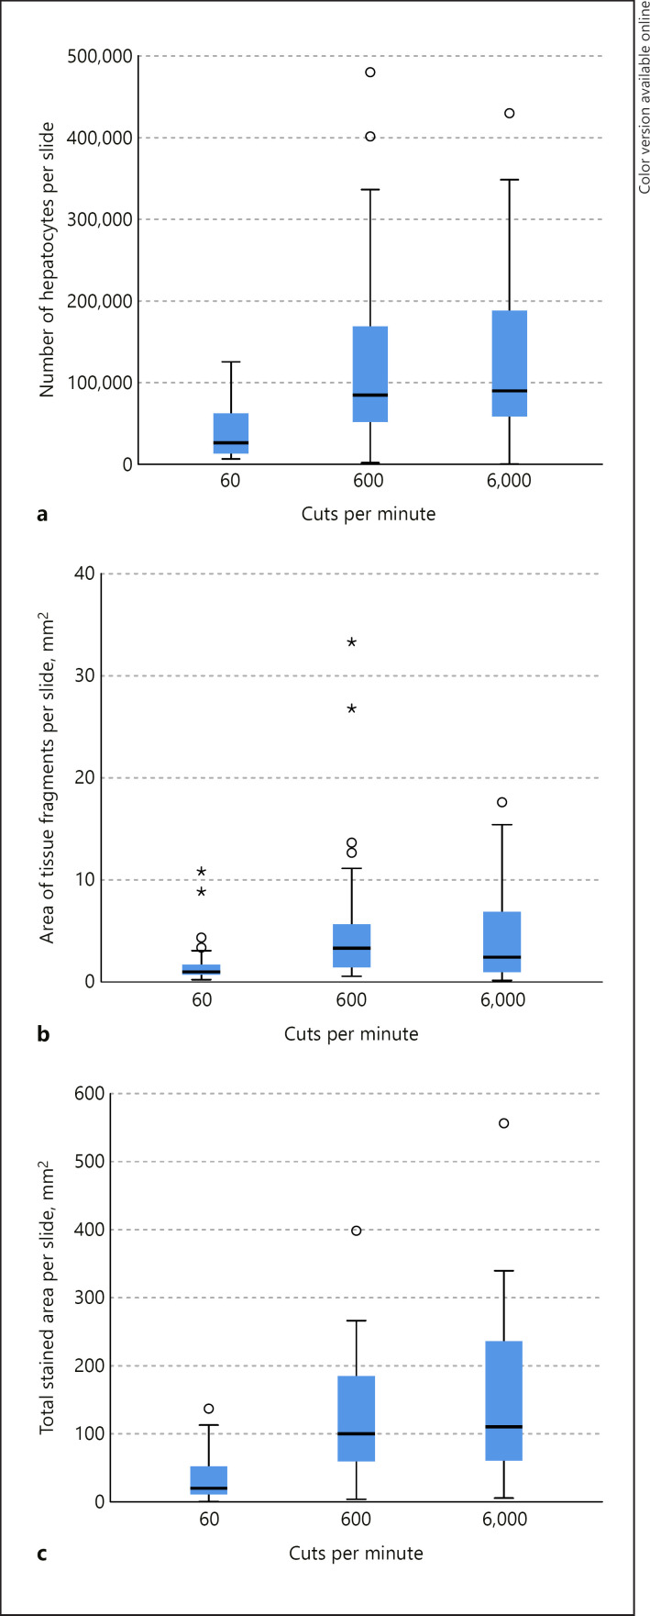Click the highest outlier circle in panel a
tap(370, 72)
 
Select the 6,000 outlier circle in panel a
tap(509, 114)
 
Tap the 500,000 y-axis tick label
tap(94, 57)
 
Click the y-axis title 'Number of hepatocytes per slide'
tap(47, 260)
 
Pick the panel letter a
tap(41, 515)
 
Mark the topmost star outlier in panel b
tap(351, 642)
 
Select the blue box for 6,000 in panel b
tap(502, 942)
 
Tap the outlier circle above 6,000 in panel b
tap(502, 802)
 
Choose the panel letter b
tap(42, 1034)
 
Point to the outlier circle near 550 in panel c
tap(503, 1123)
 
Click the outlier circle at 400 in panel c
tap(357, 1231)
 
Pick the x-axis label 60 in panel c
tap(209, 1520)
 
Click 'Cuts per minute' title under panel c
tap(356, 1554)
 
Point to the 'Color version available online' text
tap(644, 97)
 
